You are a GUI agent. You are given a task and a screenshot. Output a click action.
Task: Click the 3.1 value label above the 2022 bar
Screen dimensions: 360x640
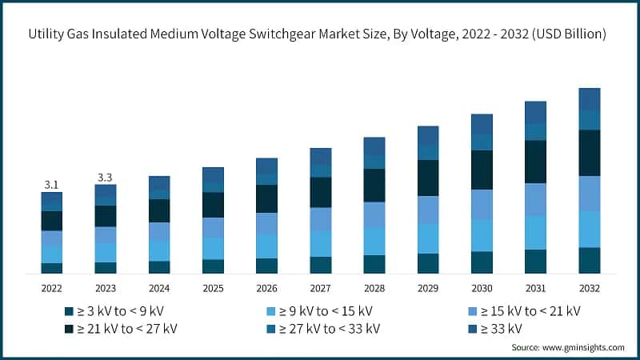tap(51, 185)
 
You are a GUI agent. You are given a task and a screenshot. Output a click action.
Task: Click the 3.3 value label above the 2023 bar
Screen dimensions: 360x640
tap(105, 178)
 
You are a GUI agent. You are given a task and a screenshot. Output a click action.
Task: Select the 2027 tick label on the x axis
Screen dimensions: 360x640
tap(320, 288)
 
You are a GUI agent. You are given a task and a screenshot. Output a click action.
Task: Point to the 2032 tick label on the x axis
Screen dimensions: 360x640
tap(589, 288)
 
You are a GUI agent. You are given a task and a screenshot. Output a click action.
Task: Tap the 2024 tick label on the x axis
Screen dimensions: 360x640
tap(158, 288)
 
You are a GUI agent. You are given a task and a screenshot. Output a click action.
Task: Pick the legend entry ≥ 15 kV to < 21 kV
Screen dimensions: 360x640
tap(523, 310)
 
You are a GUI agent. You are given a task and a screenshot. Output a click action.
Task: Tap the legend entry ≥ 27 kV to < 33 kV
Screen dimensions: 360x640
tap(323, 328)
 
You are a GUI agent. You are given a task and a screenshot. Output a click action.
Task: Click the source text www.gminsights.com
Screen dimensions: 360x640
tap(582, 347)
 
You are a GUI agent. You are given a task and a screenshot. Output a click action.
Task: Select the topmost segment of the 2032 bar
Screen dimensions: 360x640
tap(589, 99)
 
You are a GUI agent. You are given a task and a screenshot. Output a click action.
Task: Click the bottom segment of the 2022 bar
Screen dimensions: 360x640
tap(51, 268)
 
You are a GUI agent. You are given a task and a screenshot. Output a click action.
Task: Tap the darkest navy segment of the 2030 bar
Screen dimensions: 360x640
tap(482, 170)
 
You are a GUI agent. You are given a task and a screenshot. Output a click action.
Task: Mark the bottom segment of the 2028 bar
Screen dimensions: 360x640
tap(374, 264)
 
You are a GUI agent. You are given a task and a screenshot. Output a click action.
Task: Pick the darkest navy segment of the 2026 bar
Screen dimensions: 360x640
tap(266, 198)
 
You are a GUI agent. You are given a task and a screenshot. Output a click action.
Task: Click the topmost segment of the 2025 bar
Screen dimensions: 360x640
tap(213, 174)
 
